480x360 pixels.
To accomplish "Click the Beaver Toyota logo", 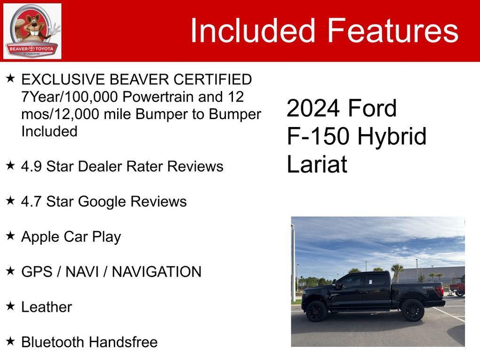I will click(x=32, y=31).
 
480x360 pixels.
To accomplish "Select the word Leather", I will click(x=47, y=307).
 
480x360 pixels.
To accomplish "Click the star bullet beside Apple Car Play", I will click(x=10, y=236).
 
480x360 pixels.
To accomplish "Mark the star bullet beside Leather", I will click(x=10, y=306).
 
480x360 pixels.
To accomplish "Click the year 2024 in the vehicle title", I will click(x=313, y=108).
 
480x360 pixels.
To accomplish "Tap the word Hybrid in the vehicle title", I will click(x=392, y=136).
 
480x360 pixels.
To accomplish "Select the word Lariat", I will click(x=317, y=165).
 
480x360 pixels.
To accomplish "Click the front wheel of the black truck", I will click(x=316, y=311).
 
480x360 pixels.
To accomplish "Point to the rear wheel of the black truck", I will click(x=413, y=310).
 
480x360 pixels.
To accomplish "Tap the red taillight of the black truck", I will click(x=440, y=291).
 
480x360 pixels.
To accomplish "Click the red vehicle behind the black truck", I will click(x=456, y=287).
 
